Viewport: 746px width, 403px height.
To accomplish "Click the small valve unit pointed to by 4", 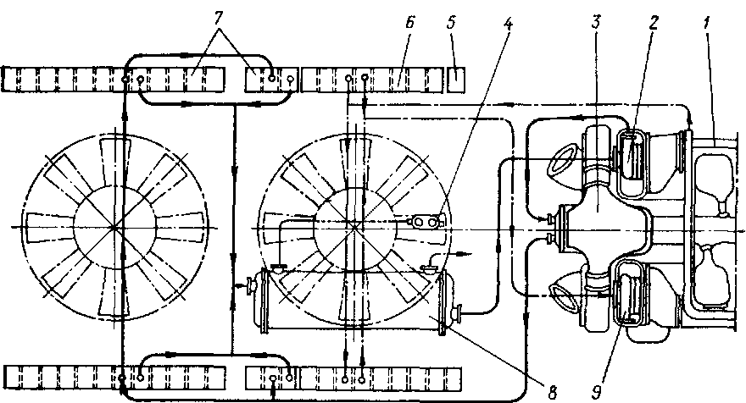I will click(423, 222).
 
